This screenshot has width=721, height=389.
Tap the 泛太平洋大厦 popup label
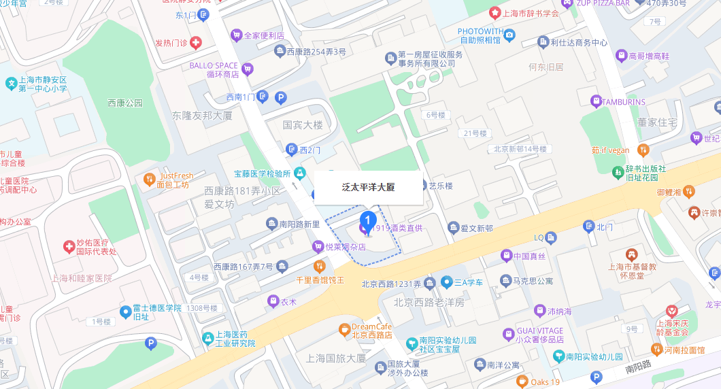pyautogui.click(x=368, y=187)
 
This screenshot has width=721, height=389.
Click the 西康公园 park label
pyautogui.click(x=125, y=103)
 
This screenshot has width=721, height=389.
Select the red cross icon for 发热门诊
pyautogui.click(x=196, y=43)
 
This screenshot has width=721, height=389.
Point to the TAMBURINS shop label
pyautogui.click(x=622, y=101)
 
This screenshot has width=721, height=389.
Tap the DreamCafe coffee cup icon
pyautogui.click(x=345, y=331)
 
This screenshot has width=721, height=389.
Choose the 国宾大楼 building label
pyautogui.click(x=303, y=125)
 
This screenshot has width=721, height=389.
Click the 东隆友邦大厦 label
pyautogui.click(x=202, y=115)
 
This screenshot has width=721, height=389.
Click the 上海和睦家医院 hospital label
pyautogui.click(x=82, y=278)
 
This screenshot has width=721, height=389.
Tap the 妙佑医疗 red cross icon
pyautogui.click(x=69, y=246)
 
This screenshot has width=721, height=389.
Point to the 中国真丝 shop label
pyautogui.click(x=530, y=256)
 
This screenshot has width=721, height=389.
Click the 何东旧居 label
pyautogui.click(x=546, y=67)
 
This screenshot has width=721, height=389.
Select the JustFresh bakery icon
pyautogui.click(x=150, y=180)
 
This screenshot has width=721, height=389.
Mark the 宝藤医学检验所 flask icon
pyautogui.click(x=299, y=173)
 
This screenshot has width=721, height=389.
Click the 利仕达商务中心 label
pyautogui.click(x=579, y=42)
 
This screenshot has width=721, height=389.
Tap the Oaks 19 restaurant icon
pyautogui.click(x=522, y=382)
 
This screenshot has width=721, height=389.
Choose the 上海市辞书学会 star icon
pyautogui.click(x=496, y=13)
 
